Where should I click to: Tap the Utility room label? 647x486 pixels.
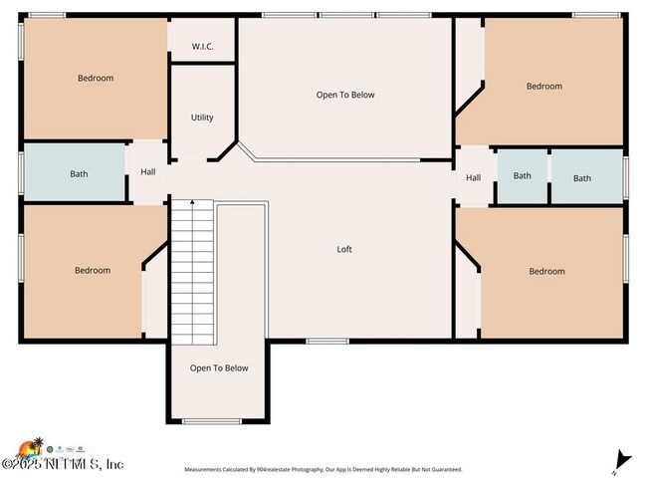point(202,118)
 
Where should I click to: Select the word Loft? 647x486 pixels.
point(344,249)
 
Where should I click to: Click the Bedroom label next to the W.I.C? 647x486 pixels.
point(96,78)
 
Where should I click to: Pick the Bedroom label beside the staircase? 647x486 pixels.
point(93,270)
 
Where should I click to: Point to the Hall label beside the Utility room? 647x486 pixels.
point(147,172)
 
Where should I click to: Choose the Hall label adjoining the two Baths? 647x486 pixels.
point(474,178)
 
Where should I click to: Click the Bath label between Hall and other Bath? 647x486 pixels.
point(523,176)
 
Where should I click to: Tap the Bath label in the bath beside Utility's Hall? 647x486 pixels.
point(79,174)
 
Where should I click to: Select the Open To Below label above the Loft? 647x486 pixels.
point(345,95)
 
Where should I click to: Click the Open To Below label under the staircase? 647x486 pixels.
point(219,368)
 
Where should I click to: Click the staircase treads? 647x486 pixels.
point(192,269)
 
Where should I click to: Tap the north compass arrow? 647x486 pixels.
point(623,459)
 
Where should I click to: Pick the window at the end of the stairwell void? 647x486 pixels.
point(212,421)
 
